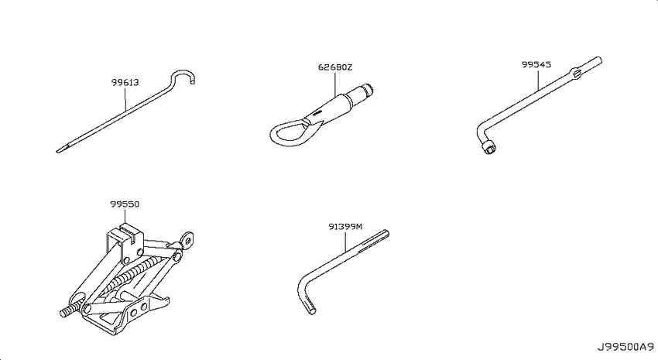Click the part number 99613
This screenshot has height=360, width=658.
[x=125, y=82]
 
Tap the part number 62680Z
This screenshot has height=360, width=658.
[x=335, y=67]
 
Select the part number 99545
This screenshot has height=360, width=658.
[x=536, y=64]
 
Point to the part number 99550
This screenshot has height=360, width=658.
[x=125, y=204]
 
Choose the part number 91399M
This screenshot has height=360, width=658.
[x=345, y=227]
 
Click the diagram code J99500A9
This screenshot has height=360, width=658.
[x=625, y=348]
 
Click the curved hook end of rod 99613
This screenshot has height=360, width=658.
[x=183, y=77]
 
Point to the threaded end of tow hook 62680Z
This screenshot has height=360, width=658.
[x=363, y=91]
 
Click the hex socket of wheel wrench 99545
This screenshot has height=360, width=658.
[x=489, y=148]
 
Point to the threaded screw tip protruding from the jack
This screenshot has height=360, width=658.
[x=67, y=312]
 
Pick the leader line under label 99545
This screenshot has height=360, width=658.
[x=538, y=80]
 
